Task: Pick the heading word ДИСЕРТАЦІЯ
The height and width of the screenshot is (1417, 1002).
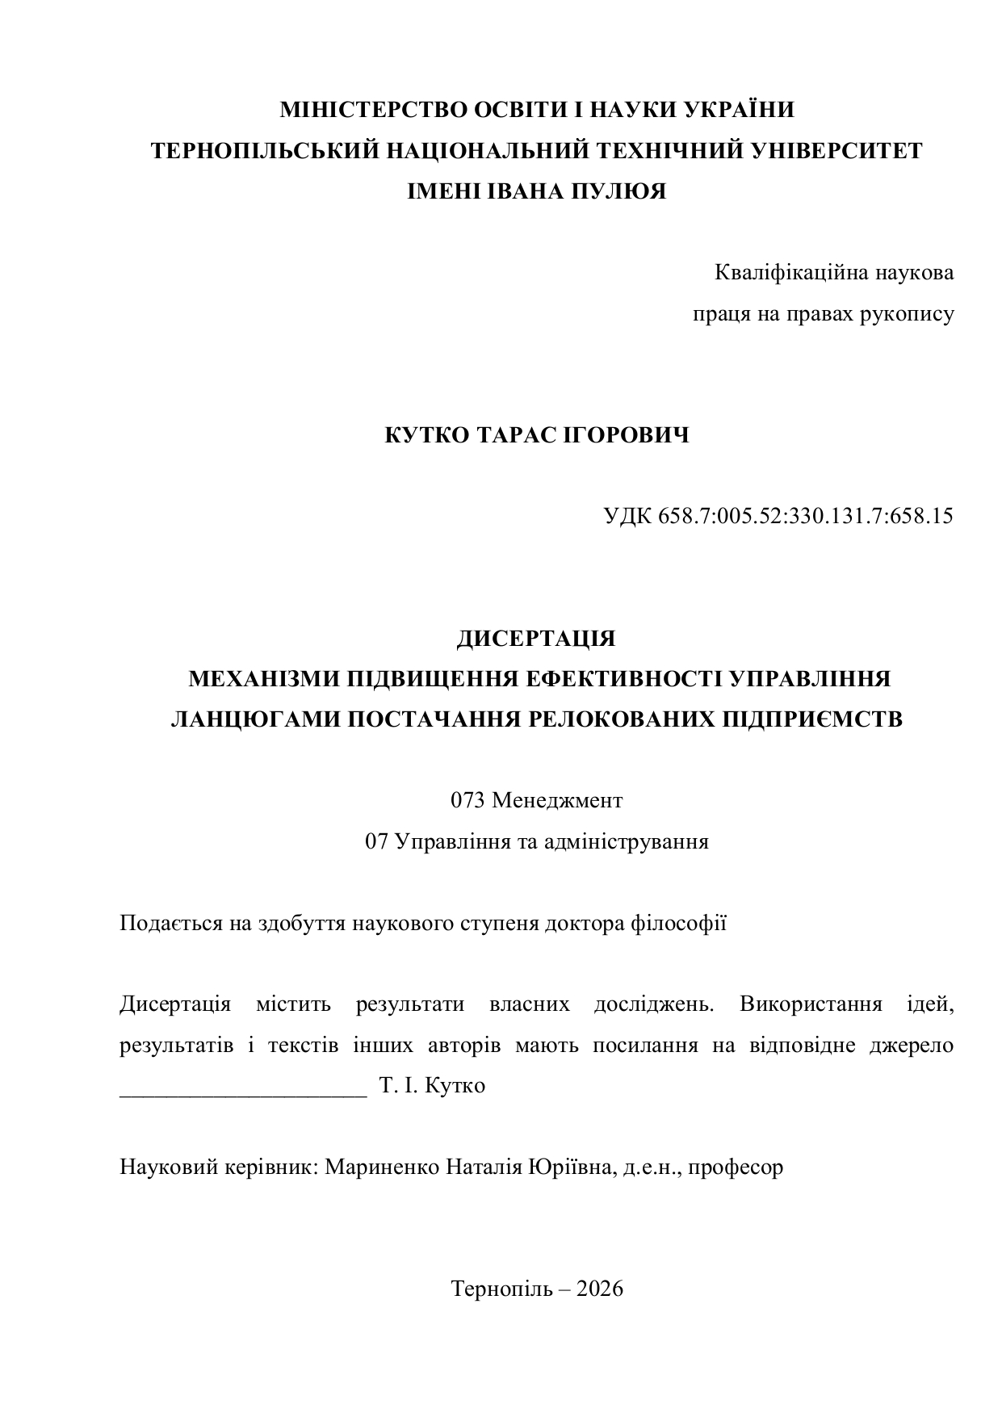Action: tap(536, 639)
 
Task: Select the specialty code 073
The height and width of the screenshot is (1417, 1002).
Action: tap(467, 801)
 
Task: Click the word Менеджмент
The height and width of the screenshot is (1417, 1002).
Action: tap(557, 801)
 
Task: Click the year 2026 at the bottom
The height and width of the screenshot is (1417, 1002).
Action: tap(600, 1289)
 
